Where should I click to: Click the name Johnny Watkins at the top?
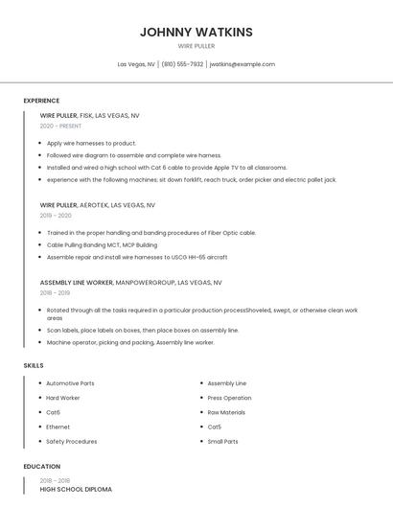point(196,32)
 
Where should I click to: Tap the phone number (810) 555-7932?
point(182,64)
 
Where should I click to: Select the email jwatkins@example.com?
point(242,64)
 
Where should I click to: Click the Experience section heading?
point(41,101)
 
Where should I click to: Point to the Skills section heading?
point(34,365)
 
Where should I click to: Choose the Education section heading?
point(41,467)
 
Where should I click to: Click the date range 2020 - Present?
point(60,126)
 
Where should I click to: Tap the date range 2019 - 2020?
point(56,216)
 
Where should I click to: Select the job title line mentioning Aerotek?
point(97,205)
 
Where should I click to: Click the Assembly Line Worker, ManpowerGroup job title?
point(130,283)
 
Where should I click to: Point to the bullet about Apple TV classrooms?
point(167,167)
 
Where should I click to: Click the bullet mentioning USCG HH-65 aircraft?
point(137,257)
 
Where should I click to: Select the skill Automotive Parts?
point(70,383)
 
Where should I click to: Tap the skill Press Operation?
point(229,398)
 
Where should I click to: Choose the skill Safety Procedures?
point(72,441)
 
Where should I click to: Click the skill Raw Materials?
point(226,412)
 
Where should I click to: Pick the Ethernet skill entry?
point(58,427)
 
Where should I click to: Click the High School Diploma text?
point(76,489)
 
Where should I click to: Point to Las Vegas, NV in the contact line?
point(136,64)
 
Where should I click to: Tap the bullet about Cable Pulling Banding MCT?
point(102,244)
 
